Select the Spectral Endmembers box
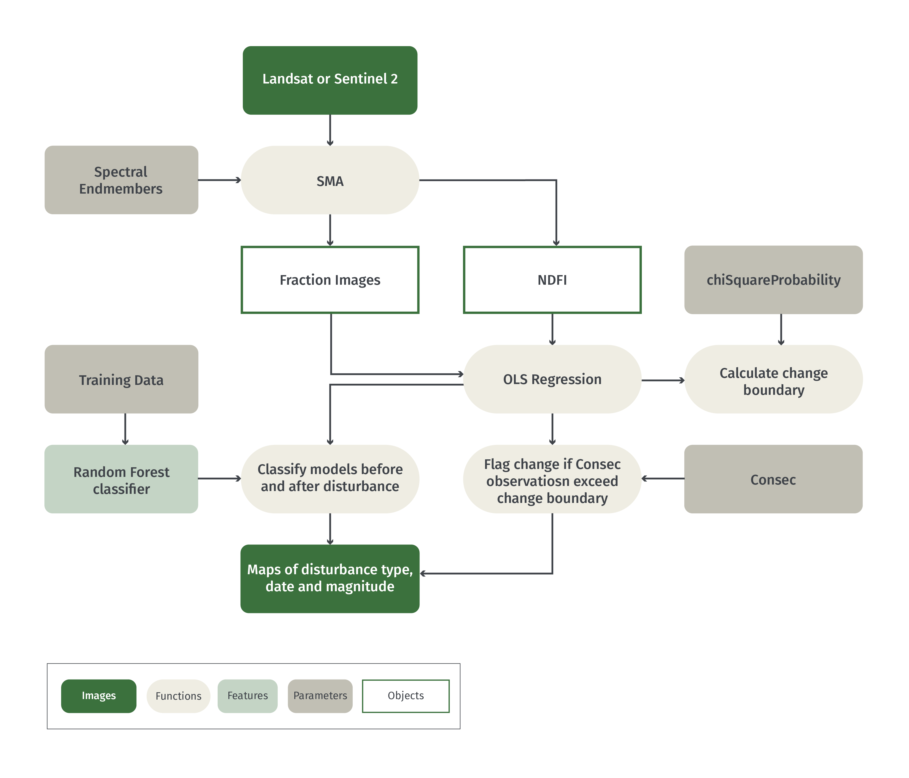[x=121, y=180]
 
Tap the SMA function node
[x=330, y=180]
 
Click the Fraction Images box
[x=330, y=280]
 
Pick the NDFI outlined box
[x=552, y=280]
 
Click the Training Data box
[x=121, y=379]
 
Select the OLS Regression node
[x=552, y=379]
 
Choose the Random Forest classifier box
[x=121, y=479]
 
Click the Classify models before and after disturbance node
[x=330, y=479]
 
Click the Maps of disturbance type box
[x=330, y=578]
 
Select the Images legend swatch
[x=99, y=696]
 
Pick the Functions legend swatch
[x=178, y=696]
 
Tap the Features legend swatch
[x=247, y=696]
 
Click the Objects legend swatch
[x=406, y=696]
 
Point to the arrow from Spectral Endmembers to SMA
[x=219, y=180]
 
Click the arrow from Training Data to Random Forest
[x=125, y=429]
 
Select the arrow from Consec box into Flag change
[x=663, y=478]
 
